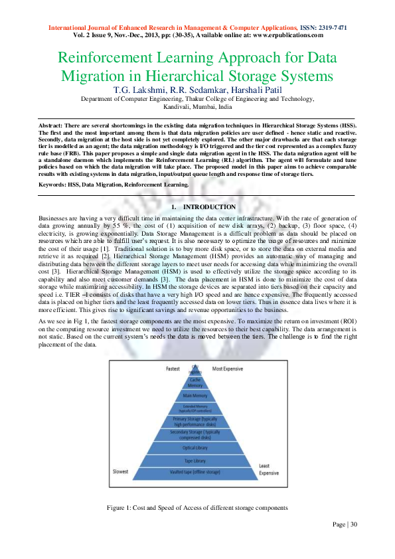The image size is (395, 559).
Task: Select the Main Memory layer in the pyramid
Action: tap(195, 396)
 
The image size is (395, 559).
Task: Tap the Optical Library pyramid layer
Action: tap(195, 447)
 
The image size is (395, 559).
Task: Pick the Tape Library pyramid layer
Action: tap(195, 460)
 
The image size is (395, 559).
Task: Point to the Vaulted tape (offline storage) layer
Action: tap(195, 473)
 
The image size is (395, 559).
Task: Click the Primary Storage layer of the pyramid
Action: tap(195, 422)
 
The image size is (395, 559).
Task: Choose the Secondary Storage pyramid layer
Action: tap(195, 435)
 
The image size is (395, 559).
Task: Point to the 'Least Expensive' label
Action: tap(269, 469)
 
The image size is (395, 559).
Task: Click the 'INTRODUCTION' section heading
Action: tap(208, 207)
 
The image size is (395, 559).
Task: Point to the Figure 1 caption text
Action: tap(197, 507)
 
